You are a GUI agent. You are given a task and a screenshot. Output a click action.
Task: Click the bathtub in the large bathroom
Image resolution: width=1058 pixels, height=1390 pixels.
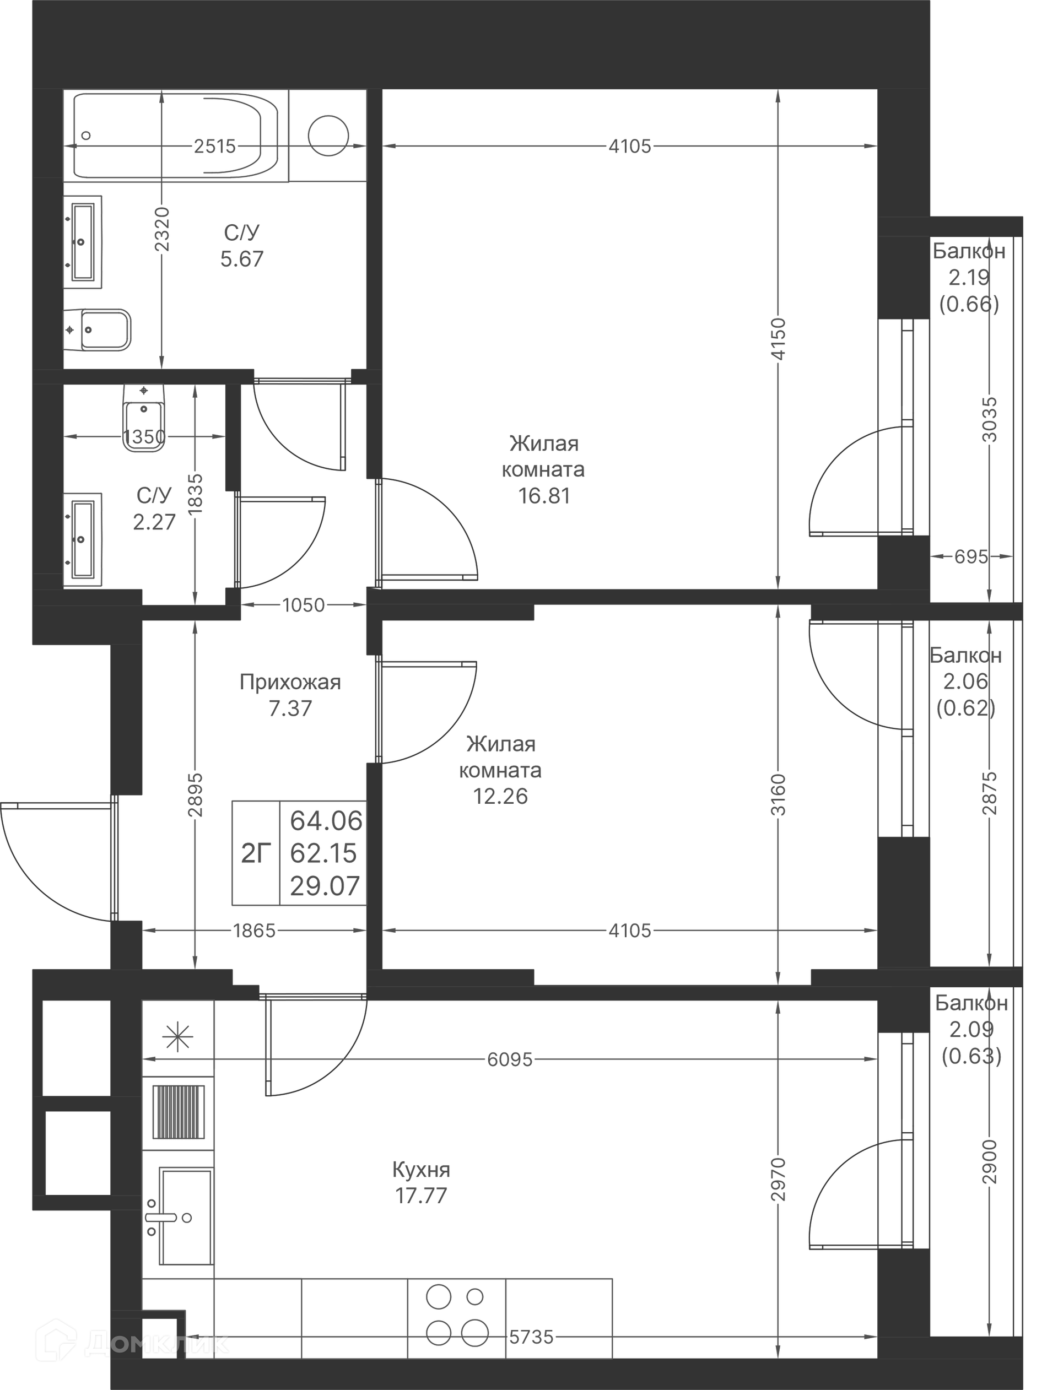176,136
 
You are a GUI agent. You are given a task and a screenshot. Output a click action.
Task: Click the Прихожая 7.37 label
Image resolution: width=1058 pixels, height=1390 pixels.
290,695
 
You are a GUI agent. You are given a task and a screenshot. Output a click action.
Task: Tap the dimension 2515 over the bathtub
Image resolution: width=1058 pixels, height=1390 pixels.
215,146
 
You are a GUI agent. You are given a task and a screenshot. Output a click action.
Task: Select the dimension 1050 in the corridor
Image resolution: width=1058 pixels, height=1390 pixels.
304,605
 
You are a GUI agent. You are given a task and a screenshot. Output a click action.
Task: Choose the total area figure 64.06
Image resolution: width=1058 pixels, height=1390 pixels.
326,821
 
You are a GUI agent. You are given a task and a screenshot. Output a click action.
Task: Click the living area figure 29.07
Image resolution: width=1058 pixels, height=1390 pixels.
325,886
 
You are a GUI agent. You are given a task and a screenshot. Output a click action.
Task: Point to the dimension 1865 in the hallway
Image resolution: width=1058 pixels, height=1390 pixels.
255,931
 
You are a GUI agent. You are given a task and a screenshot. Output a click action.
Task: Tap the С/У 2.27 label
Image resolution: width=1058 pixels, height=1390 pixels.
154,509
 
